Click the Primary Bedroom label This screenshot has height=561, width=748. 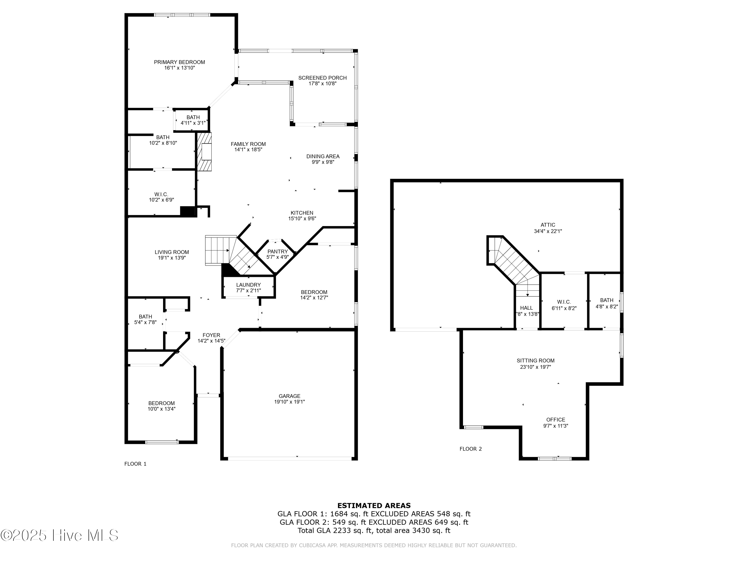[x=179, y=62]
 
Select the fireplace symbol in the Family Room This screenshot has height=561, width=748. [x=205, y=152]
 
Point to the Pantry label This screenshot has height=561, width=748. [x=277, y=252]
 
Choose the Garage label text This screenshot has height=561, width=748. [x=289, y=396]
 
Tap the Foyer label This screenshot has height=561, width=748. [x=211, y=335]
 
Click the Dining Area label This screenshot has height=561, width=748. [x=323, y=156]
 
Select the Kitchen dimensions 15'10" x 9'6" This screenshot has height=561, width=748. [x=302, y=218]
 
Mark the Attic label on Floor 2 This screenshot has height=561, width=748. [x=548, y=225]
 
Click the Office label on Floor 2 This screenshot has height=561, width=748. [x=556, y=420]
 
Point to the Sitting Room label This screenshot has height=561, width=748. [x=535, y=361]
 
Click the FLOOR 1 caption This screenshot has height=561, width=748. [x=135, y=464]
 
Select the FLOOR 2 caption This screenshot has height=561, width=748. [x=470, y=449]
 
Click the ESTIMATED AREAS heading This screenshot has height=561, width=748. [x=374, y=506]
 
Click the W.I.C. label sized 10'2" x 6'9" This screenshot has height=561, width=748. [x=161, y=194]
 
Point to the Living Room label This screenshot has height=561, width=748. [x=172, y=252]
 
